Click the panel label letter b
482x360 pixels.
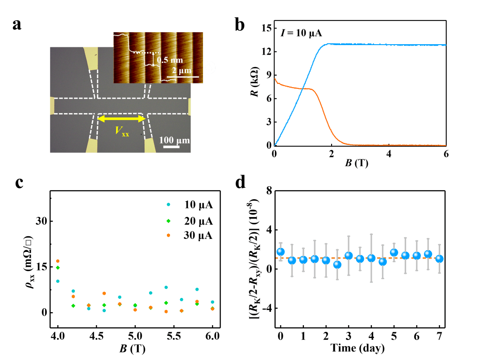click(x=240, y=24)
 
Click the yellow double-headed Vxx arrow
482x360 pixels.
click(x=121, y=119)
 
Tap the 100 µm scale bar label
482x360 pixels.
click(x=175, y=140)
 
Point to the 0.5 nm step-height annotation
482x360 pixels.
click(x=170, y=60)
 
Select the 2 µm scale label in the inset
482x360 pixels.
click(x=181, y=71)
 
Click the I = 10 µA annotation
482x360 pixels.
click(x=301, y=33)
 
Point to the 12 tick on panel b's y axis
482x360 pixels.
click(x=266, y=51)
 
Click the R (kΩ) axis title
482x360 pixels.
click(x=254, y=82)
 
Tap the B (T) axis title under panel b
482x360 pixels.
click(x=357, y=163)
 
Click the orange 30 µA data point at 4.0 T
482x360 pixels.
click(x=58, y=261)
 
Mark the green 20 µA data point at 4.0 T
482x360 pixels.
click(x=58, y=268)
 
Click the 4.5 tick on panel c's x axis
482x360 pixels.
click(x=96, y=336)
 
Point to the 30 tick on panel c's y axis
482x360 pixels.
click(x=41, y=221)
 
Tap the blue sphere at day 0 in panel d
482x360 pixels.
click(x=280, y=252)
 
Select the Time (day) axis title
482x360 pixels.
click(x=357, y=348)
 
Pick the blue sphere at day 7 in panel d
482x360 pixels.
click(x=440, y=259)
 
